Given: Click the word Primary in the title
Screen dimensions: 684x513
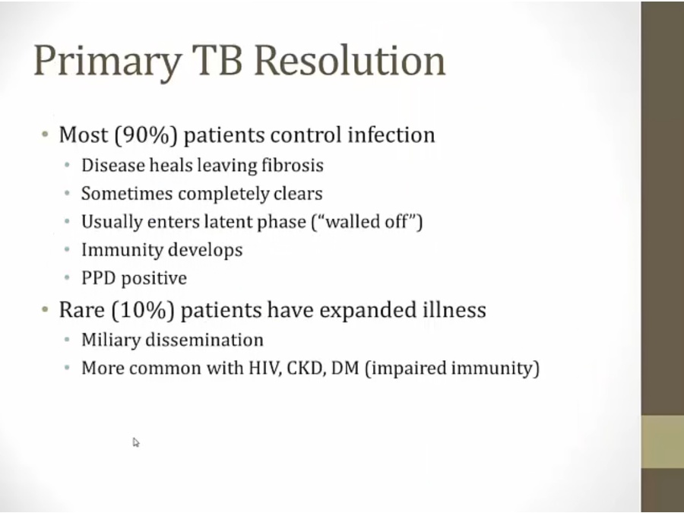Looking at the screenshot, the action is pos(107,61).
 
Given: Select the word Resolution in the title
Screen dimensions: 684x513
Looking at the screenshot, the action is pos(350,60).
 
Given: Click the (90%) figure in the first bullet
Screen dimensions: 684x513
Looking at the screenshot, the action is pos(146,135).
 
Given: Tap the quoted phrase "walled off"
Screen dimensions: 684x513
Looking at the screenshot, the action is pos(367,222).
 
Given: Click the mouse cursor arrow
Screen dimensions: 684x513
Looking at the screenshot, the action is pos(136,442).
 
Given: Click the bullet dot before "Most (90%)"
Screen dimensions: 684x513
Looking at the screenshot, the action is pos(45,134).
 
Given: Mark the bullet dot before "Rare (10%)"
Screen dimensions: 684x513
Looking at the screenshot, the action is pos(45,309).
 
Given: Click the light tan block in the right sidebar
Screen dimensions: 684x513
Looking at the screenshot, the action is pos(662,442).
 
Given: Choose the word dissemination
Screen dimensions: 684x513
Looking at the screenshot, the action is pos(204,340).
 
